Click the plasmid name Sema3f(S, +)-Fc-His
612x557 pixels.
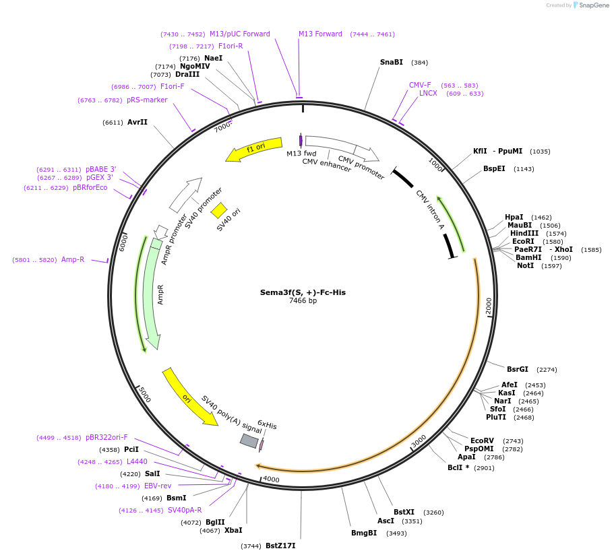(303, 292)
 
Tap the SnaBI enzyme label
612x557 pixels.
(391, 62)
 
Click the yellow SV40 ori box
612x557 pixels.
(219, 211)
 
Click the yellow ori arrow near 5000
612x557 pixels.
(190, 397)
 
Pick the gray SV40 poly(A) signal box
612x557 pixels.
(249, 440)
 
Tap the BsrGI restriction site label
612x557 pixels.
(518, 369)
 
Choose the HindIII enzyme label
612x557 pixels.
(524, 233)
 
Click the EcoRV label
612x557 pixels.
(482, 440)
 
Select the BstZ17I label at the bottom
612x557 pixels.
(280, 546)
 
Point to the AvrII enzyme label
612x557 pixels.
(137, 122)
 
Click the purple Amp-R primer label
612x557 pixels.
(73, 259)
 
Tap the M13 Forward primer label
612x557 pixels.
(320, 34)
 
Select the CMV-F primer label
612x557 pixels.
(420, 85)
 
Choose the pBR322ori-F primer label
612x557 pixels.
(106, 437)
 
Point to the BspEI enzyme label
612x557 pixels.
(494, 168)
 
